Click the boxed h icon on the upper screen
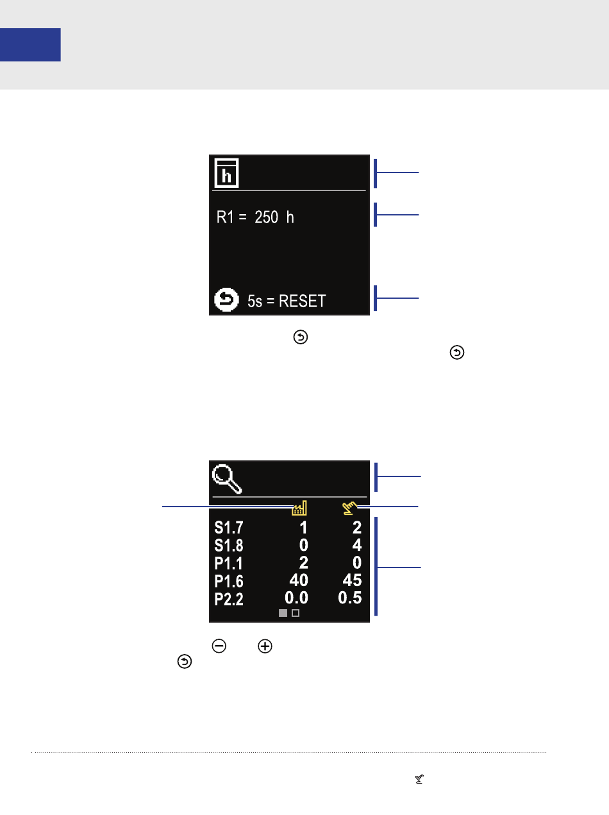(226, 173)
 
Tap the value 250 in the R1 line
(266, 217)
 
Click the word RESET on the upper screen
(302, 301)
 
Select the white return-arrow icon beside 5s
(226, 299)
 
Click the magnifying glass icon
(227, 479)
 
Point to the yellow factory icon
(299, 508)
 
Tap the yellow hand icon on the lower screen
(349, 508)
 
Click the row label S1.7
(229, 527)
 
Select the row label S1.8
(229, 545)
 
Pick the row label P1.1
(229, 563)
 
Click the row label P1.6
(229, 581)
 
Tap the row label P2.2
(229, 598)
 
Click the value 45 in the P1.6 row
(352, 580)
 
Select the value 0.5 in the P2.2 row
(350, 598)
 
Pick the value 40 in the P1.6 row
(299, 580)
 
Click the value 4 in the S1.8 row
(357, 544)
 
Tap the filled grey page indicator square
(283, 612)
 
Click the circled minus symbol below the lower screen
(219, 646)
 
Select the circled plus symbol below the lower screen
(265, 646)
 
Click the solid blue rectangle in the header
(30, 44)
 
